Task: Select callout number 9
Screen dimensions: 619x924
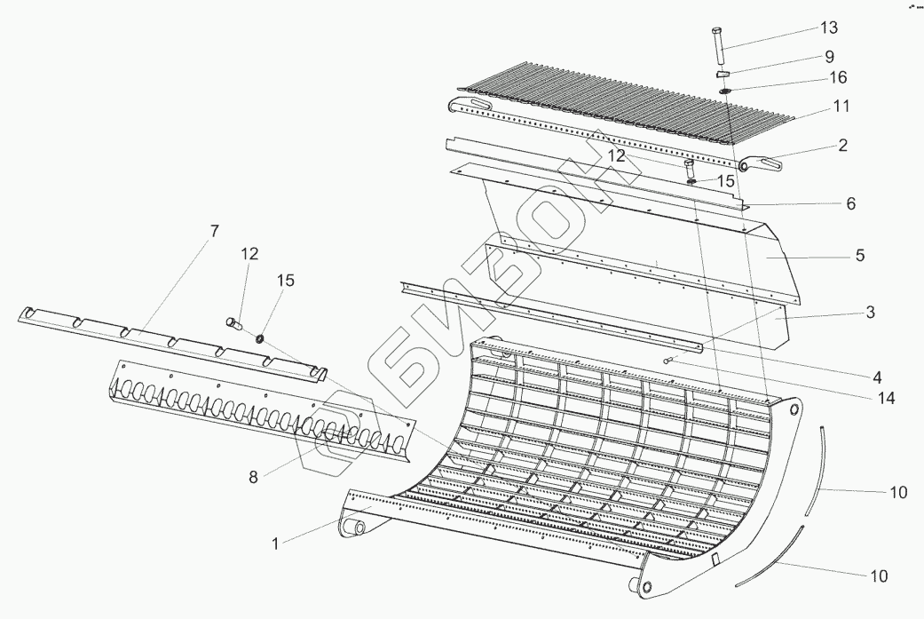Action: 829,55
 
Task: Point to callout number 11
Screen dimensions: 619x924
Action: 841,106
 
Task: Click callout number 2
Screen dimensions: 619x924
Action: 841,145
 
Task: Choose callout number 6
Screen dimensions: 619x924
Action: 849,203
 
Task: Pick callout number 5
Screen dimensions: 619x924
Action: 859,256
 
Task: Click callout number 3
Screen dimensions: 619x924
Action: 870,312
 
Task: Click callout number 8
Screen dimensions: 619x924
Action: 253,477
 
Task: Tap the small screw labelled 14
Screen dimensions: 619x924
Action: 668,360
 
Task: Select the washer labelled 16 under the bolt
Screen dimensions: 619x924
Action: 725,90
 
